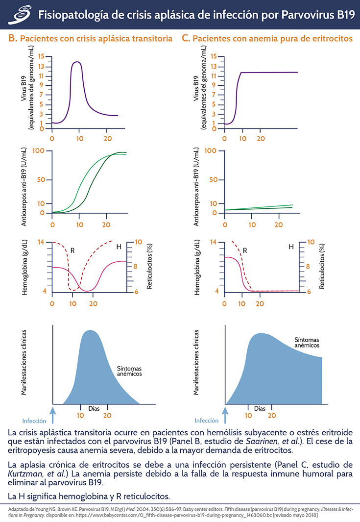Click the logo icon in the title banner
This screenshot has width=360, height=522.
coord(20,14)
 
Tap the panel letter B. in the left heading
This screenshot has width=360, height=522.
coord(13,38)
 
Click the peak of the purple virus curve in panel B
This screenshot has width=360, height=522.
coord(77,62)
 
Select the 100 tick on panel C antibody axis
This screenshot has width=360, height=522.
coord(211,150)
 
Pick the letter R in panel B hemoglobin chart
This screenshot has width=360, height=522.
coord(73,250)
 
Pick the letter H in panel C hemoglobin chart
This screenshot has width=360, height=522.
coord(291,247)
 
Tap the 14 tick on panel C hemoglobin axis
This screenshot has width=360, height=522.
coord(214,242)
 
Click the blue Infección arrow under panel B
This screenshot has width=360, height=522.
coord(53,407)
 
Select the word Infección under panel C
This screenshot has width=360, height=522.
coord(206,420)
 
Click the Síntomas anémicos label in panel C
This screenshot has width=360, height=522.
coord(307,342)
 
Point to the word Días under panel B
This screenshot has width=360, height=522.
coord(94,408)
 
